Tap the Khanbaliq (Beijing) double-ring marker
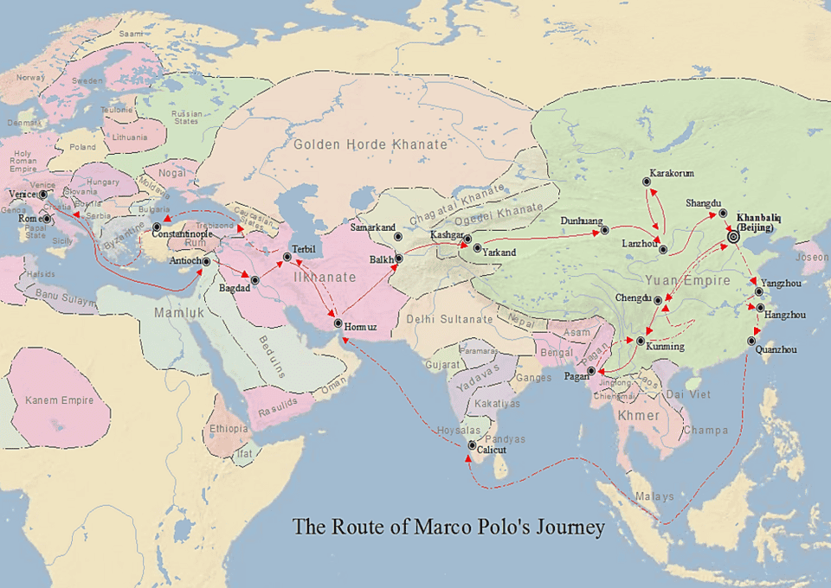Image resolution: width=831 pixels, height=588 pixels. [x=733, y=236]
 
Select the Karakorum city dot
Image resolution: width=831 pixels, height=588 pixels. [x=647, y=182]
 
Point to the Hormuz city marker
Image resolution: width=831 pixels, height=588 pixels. [x=338, y=323]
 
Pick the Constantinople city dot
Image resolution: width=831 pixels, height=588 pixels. [x=157, y=227]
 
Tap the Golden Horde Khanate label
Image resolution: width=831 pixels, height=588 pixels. [x=370, y=144]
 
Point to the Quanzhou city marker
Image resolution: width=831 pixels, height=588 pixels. [x=751, y=341]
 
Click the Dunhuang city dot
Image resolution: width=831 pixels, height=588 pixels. [x=604, y=230]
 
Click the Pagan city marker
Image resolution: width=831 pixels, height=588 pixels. [x=591, y=371]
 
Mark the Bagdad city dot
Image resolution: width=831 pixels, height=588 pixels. [x=254, y=279]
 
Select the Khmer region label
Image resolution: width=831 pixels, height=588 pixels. [x=639, y=416]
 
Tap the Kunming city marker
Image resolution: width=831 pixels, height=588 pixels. [x=641, y=341]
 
